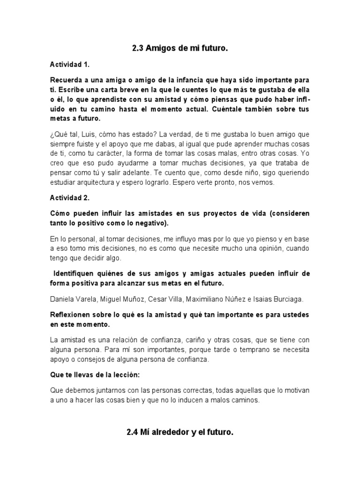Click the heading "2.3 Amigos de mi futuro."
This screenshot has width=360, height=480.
click(180, 48)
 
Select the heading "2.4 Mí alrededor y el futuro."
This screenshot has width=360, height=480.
click(180, 433)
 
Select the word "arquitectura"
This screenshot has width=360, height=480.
click(96, 183)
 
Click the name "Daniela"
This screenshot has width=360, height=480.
click(62, 298)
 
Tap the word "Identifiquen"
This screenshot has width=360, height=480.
click(76, 273)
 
